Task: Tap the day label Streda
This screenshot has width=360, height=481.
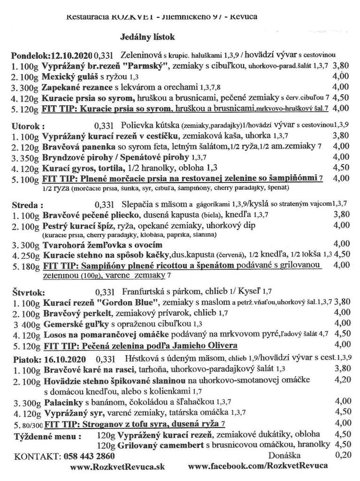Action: [x=26, y=205]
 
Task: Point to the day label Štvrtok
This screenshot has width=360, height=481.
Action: [x=28, y=293]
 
